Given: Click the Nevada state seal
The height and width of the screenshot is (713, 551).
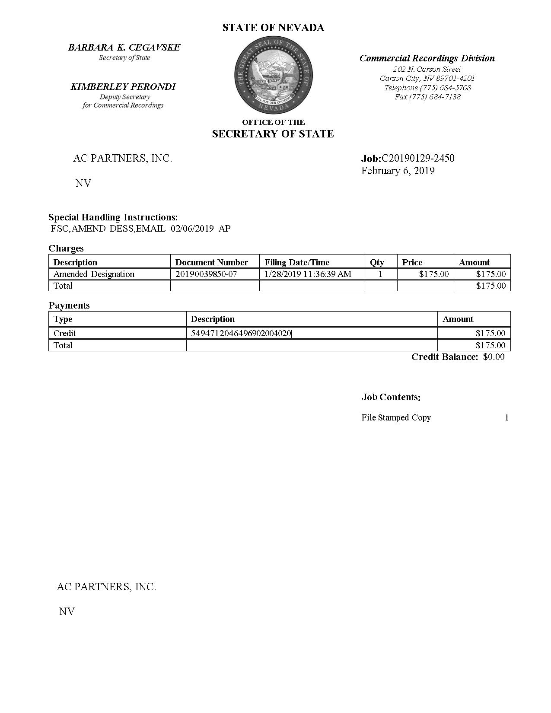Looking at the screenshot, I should click(274, 76).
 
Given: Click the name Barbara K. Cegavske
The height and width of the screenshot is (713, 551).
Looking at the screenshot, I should click(124, 48).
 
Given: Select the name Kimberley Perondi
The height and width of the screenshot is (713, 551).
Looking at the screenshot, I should click(123, 87).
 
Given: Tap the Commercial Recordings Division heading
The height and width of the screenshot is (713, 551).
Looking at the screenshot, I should click(427, 58).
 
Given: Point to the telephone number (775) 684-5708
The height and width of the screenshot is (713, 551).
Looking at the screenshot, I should click(427, 88).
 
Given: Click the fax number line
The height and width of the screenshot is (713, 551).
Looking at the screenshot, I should click(427, 97).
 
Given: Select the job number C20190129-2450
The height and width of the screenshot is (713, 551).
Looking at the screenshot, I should click(418, 158).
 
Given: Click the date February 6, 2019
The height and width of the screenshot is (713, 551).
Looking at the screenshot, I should click(398, 171).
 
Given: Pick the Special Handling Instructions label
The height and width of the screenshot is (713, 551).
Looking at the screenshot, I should click(113, 217).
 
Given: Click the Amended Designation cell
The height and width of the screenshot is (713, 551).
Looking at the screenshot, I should click(94, 274).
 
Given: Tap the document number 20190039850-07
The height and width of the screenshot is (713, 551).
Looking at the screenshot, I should click(206, 274).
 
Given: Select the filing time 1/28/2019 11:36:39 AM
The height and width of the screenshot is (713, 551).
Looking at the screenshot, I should click(308, 274).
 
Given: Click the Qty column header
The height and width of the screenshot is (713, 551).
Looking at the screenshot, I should click(377, 262).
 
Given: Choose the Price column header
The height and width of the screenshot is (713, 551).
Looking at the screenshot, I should click(412, 262).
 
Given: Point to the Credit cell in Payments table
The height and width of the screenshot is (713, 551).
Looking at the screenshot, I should click(65, 333).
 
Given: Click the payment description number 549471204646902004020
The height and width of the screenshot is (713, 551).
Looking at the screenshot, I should click(241, 333).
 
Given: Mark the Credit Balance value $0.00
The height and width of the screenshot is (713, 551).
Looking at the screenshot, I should click(494, 357).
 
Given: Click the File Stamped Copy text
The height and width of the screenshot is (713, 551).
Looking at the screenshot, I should click(396, 417).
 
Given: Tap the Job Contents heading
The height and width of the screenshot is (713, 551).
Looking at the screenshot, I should click(391, 397).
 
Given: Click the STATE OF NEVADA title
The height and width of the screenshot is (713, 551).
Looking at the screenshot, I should click(273, 28).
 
